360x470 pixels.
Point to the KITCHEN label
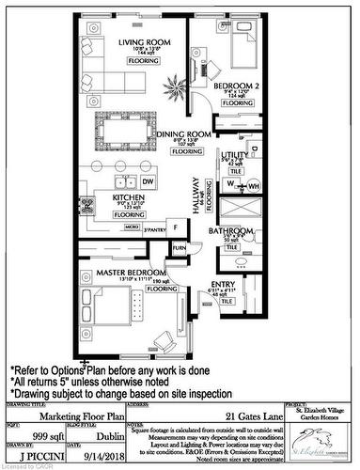(128, 198)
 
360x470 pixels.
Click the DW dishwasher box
(148, 181)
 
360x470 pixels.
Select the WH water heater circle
(253, 185)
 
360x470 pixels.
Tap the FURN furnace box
(179, 248)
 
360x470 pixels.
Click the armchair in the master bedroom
(164, 334)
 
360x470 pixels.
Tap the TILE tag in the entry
(227, 302)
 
